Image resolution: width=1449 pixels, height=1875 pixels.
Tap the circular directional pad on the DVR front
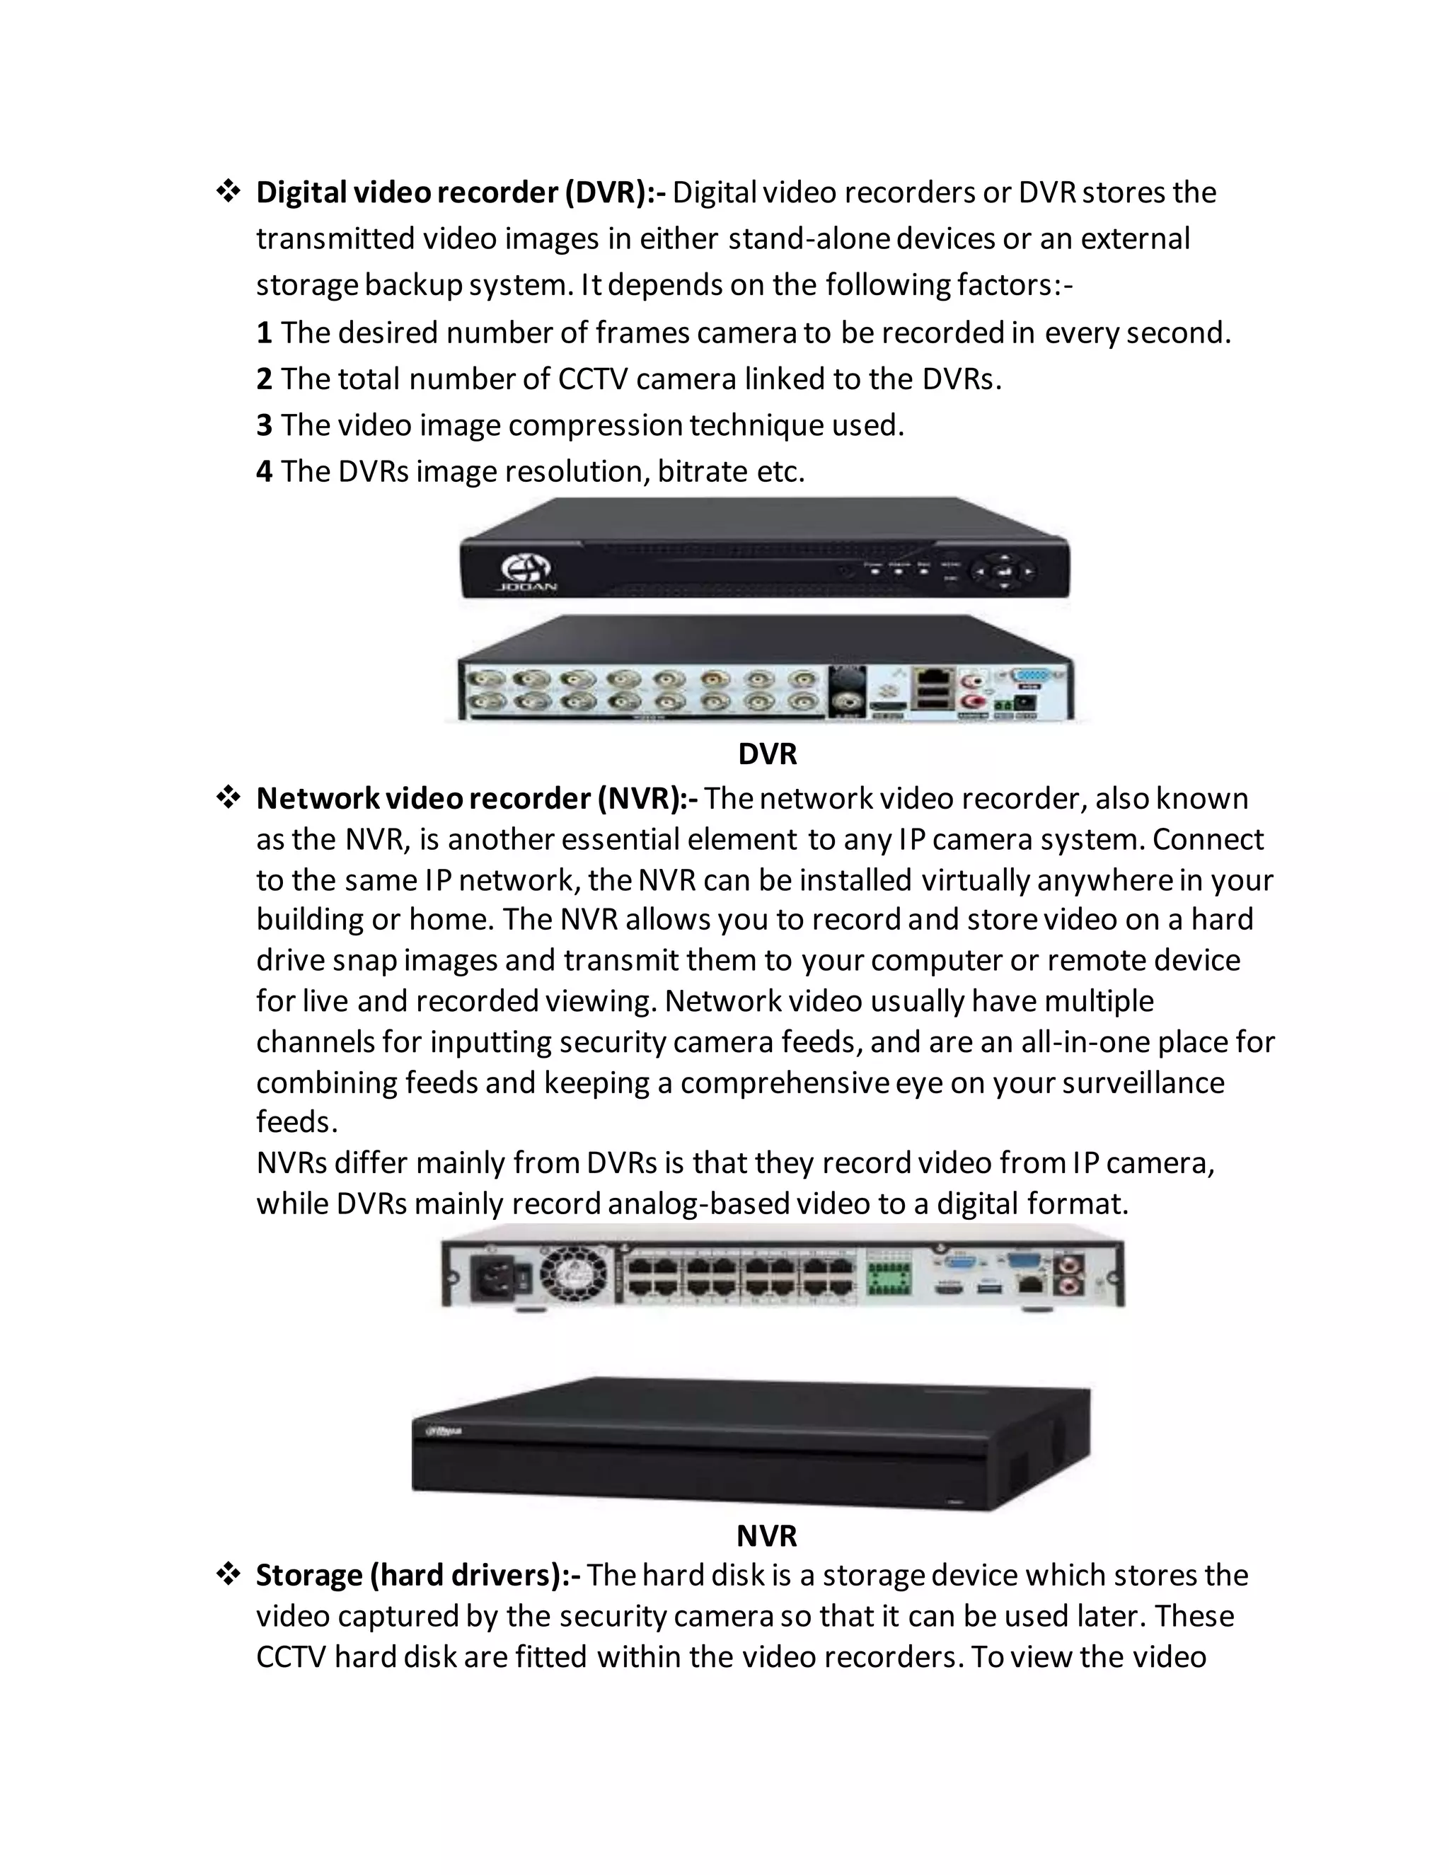click(x=1002, y=571)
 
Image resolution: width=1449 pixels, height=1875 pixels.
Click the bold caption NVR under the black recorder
click(x=766, y=1536)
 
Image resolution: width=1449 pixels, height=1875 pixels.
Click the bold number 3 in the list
click(x=265, y=425)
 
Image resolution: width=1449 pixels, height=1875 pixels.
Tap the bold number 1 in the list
click(x=265, y=333)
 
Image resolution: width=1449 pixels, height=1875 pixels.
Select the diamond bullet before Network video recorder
click(x=228, y=798)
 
